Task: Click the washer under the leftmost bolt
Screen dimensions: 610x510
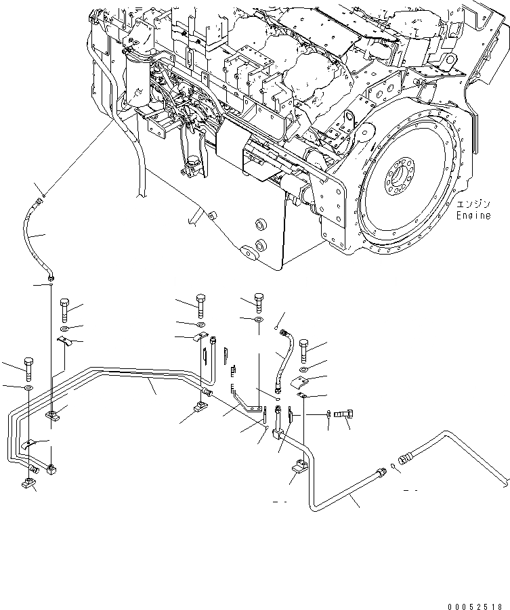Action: (x=28, y=389)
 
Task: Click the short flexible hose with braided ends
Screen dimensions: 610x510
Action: (x=283, y=357)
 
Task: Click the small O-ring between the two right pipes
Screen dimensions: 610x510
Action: (x=392, y=466)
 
